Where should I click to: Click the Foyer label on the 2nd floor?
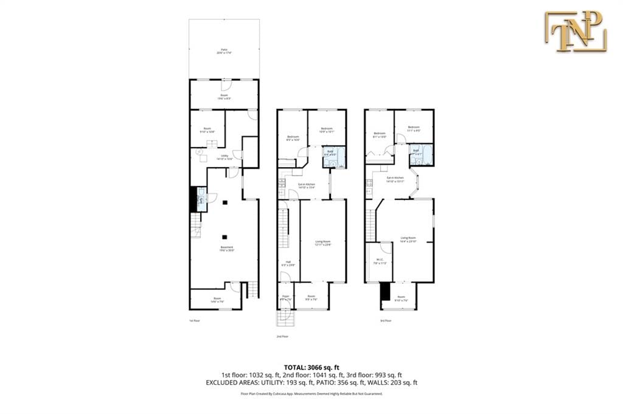[x=285, y=297]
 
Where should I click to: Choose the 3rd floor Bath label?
[x=416, y=151]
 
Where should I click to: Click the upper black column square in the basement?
[x=224, y=202]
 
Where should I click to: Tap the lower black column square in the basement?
[x=224, y=236]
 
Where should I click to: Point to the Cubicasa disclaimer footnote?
[x=311, y=395]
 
